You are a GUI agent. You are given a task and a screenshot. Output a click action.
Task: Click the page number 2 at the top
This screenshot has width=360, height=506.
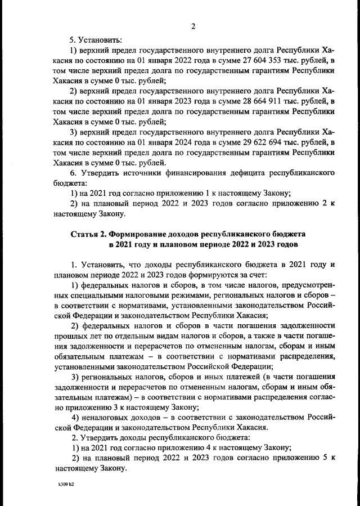(x=193, y=26)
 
